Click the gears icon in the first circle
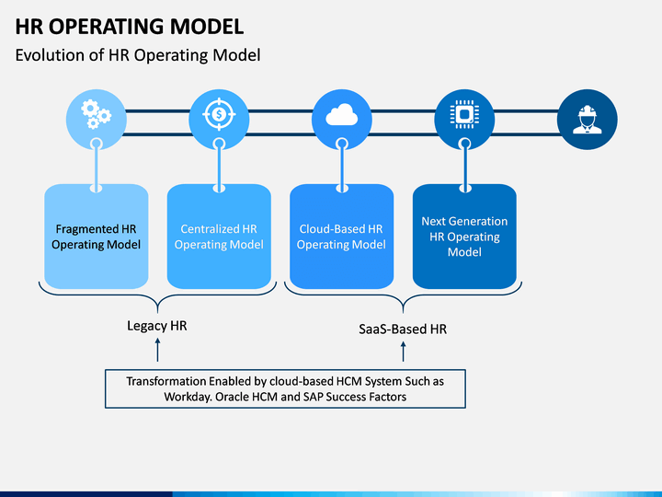pyautogui.click(x=97, y=114)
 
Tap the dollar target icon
pyautogui.click(x=219, y=114)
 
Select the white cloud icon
pyautogui.click(x=341, y=114)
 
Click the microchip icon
pyautogui.click(x=464, y=114)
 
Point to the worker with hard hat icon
pyautogui.click(x=588, y=120)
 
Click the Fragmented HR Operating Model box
pyautogui.click(x=97, y=237)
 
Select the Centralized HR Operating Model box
pyautogui.click(x=219, y=237)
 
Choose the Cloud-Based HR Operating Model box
pyautogui.click(x=341, y=237)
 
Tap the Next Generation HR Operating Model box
pyautogui.click(x=464, y=237)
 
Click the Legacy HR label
pyautogui.click(x=157, y=326)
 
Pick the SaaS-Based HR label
pyautogui.click(x=403, y=329)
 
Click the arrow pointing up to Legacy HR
pyautogui.click(x=157, y=350)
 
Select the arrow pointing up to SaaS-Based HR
pyautogui.click(x=404, y=352)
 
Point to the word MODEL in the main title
pyautogui.click(x=207, y=27)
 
